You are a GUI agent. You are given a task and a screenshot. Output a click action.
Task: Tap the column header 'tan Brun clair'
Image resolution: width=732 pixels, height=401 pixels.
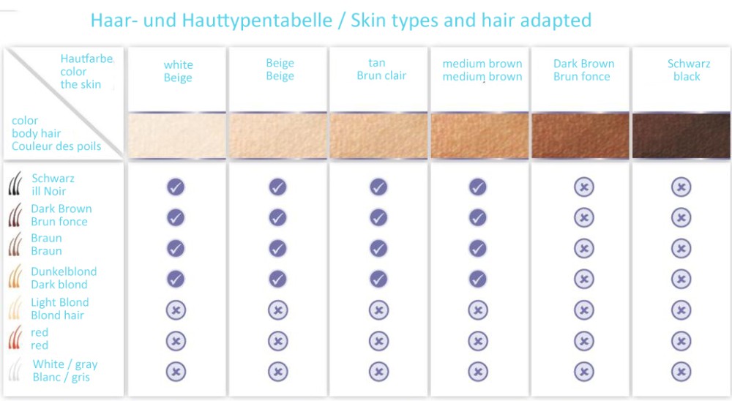tap(381, 69)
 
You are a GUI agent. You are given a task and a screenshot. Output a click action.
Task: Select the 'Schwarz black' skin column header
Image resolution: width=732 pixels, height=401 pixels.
tap(688, 70)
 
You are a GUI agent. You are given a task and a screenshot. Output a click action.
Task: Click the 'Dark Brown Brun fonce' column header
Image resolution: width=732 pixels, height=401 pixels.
tap(583, 70)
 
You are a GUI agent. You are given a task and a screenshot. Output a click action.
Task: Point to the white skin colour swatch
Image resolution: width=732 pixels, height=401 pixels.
tap(177, 136)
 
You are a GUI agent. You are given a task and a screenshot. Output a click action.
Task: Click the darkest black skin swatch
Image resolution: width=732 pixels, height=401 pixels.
tap(681, 136)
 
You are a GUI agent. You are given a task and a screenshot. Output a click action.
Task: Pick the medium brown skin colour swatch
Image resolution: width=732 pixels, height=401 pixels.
tap(479, 136)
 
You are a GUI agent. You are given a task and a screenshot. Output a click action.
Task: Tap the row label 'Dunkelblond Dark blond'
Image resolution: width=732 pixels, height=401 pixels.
tap(64, 278)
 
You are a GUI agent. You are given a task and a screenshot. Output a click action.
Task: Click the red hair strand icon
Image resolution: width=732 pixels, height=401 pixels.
tap(15, 337)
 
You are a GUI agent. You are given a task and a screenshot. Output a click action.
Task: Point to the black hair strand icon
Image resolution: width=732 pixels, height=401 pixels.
tap(15, 183)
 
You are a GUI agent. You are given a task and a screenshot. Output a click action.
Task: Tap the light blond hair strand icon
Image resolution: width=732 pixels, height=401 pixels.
tap(15, 307)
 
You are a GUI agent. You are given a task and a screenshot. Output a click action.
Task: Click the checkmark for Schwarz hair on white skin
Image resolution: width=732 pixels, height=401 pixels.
tap(176, 187)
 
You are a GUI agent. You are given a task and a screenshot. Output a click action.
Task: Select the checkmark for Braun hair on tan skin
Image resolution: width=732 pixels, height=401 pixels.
tap(378, 248)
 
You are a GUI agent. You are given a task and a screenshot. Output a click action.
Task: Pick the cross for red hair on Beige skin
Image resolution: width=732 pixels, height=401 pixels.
tap(277, 341)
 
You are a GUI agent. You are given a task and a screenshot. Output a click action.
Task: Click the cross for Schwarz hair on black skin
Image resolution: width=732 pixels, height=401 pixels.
tap(681, 187)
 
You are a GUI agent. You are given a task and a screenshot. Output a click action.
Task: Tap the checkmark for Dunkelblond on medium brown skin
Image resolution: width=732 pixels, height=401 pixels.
tap(477, 279)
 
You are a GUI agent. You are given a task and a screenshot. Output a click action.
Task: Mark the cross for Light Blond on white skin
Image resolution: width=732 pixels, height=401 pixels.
tap(176, 310)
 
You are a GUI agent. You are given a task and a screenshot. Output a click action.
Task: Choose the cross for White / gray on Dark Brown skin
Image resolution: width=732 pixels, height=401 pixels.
tap(584, 372)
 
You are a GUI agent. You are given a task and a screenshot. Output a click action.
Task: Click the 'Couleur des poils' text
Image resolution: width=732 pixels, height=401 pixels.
tap(56, 146)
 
